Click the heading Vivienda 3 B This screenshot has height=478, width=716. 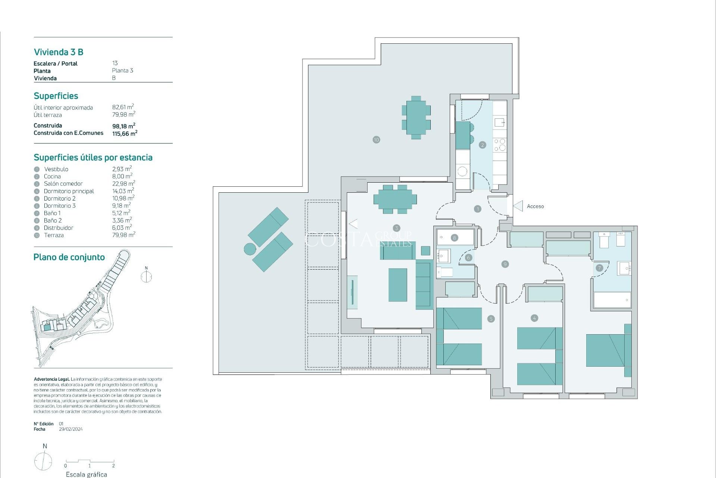[59, 52]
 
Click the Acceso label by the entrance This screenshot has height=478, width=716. [535, 206]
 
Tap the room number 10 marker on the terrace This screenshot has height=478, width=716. [376, 140]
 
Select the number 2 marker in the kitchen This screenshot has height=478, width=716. [483, 145]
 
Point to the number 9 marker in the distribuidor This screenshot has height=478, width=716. [505, 264]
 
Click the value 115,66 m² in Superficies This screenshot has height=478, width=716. [125, 133]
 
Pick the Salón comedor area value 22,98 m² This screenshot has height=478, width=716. [123, 183]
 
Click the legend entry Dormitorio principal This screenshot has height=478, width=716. [69, 191]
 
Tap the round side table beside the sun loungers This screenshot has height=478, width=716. [250, 249]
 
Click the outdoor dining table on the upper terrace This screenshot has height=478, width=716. [416, 118]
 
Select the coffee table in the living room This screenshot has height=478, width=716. [398, 285]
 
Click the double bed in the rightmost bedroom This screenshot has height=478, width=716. [605, 350]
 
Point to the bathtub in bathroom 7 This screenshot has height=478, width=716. [612, 300]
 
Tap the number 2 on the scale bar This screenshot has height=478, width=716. [113, 466]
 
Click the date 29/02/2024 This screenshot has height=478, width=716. [71, 429]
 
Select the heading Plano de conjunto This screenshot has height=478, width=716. [69, 257]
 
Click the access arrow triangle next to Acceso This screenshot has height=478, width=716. [518, 206]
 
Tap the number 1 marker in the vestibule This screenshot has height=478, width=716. [478, 209]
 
